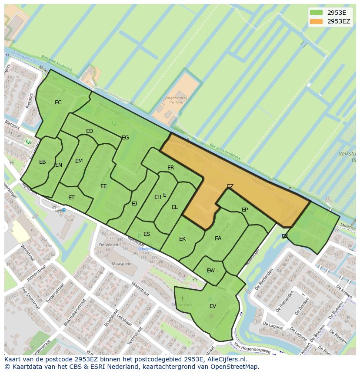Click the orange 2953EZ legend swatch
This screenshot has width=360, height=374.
coord(317,21)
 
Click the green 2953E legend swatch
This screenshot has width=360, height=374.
coord(317,13)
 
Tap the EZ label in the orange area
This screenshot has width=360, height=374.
coord(230,186)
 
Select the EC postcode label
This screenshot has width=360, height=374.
coord(58,103)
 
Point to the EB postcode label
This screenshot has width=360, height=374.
coord(42,162)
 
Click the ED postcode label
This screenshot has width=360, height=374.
coord(90,131)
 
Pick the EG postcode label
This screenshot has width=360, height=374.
coord(125,138)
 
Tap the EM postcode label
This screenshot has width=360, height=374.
coord(79,161)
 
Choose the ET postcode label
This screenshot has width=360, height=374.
coord(71,198)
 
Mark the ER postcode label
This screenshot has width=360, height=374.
coord(170,168)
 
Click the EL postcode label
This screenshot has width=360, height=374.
coord(174,207)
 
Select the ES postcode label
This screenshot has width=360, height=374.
coord(147,234)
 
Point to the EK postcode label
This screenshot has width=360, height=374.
coord(182,239)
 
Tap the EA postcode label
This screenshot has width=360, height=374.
coord(218,238)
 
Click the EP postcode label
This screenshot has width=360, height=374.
coord(244,210)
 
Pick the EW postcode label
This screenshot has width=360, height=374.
coord(210,271)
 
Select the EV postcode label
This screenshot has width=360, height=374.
coord(213,306)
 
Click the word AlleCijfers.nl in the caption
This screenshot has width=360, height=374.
coord(225,359)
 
